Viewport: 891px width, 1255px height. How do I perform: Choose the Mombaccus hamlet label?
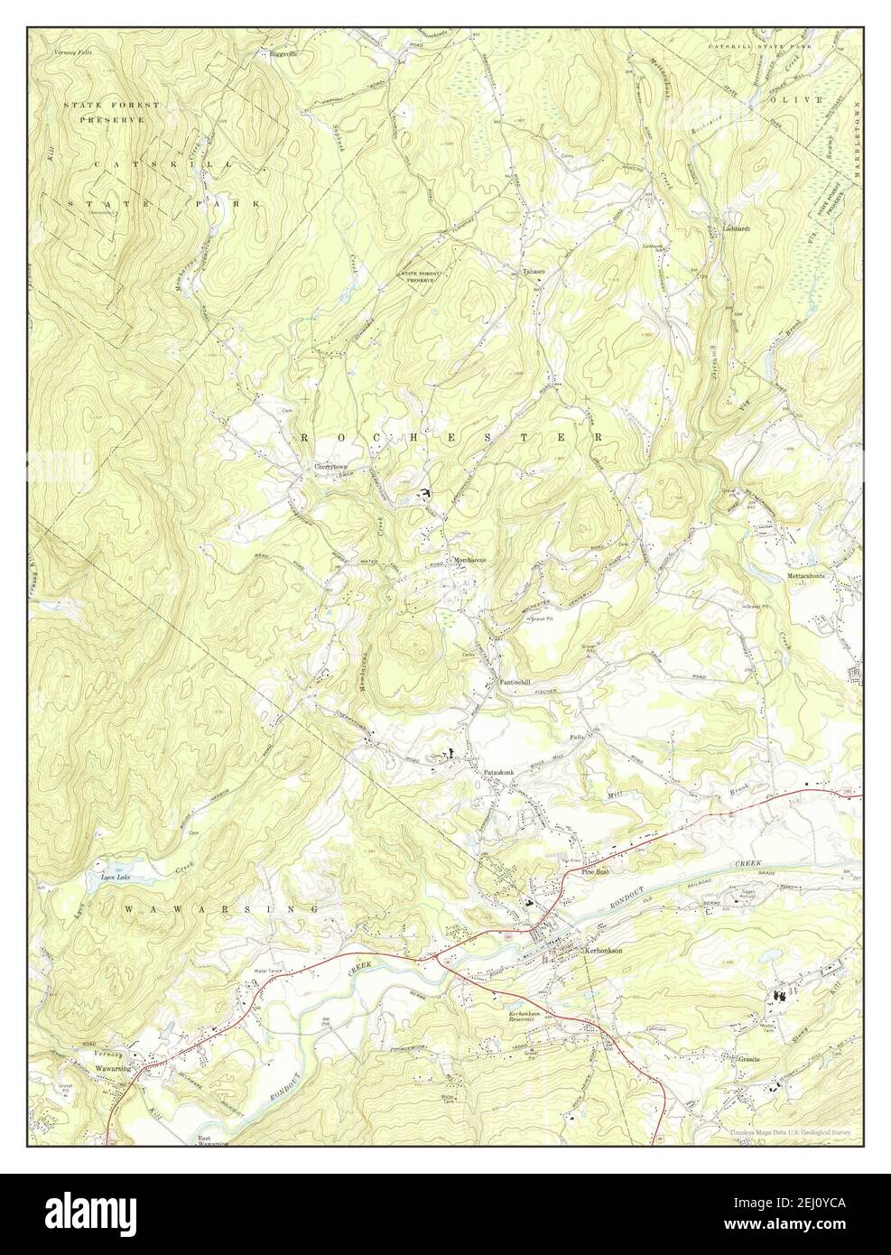click(469, 560)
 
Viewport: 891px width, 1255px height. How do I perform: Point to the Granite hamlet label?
click(747, 1057)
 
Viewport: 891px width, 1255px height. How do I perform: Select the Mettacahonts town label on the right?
click(811, 574)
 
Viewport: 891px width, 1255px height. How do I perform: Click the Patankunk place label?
click(498, 773)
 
